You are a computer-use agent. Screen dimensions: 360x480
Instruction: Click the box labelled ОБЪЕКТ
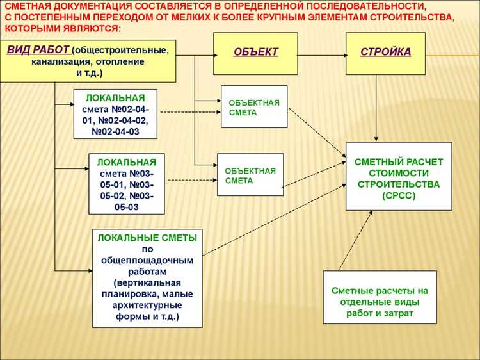pos(255,52)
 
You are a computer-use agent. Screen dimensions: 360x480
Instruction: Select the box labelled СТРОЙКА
pos(385,52)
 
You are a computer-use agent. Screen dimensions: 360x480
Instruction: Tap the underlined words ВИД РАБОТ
pos(38,49)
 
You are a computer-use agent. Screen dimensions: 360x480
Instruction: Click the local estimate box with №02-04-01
pos(115,114)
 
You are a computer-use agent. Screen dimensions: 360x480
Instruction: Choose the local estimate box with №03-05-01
pos(126,183)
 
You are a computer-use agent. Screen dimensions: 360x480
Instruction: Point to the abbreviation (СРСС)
pos(399,196)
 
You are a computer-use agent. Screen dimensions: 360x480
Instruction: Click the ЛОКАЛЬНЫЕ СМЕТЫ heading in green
pos(147,237)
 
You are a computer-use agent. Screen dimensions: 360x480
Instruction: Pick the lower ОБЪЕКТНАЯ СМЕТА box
pos(250,176)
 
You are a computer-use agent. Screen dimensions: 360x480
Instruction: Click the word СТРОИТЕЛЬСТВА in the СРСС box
pos(399,184)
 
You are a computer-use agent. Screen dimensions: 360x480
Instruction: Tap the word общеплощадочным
pos(147,260)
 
